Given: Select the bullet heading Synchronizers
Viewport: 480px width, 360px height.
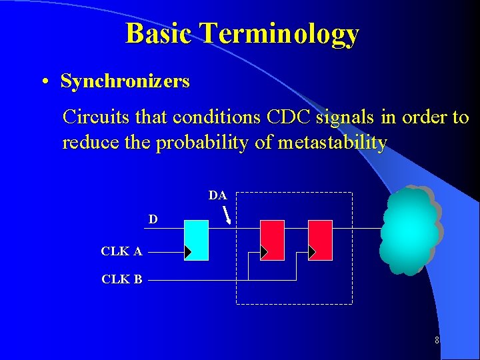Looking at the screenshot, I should (125, 81).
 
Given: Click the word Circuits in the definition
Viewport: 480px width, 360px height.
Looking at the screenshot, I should (89, 117).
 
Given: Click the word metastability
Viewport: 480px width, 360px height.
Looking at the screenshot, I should (331, 143).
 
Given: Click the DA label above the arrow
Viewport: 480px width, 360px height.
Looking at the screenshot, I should (217, 195).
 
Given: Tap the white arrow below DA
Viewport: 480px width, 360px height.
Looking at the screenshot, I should (227, 215).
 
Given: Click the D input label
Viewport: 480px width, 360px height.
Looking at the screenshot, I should (153, 219).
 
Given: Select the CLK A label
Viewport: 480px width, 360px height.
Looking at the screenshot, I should (121, 251).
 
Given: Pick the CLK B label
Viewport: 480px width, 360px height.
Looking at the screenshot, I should (121, 279).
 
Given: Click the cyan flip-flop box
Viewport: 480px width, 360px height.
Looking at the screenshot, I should (196, 240).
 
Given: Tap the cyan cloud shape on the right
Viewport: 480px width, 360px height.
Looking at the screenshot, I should (410, 230).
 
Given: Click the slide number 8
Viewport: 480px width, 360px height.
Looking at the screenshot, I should (437, 341).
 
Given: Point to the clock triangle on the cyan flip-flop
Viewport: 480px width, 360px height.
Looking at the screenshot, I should (188, 252).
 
